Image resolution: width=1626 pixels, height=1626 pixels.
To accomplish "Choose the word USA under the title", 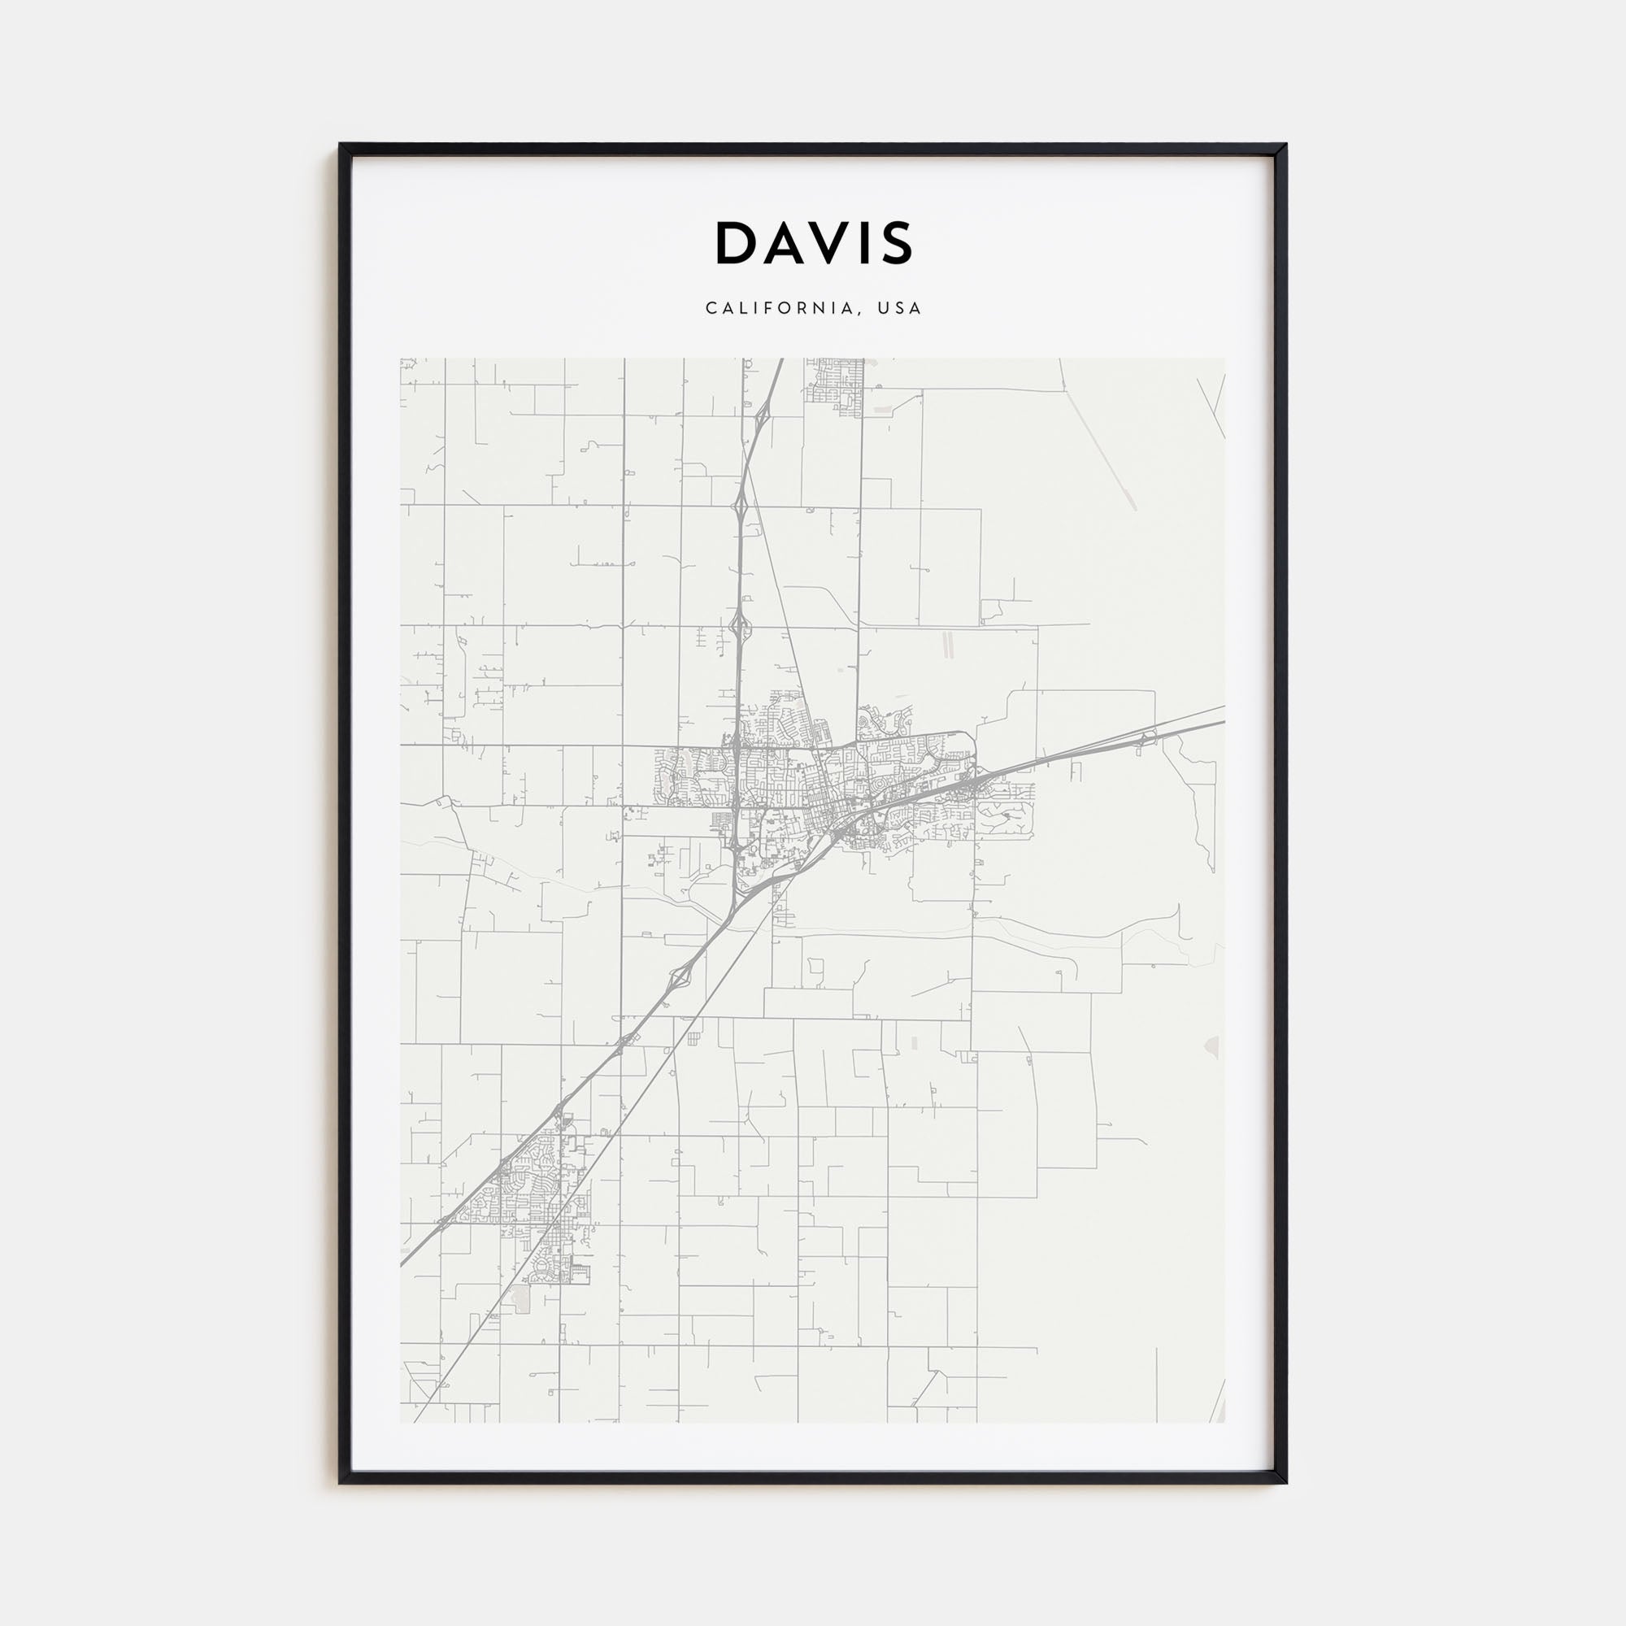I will [900, 308].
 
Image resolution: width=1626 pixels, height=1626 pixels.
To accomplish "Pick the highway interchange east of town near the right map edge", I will [1145, 741].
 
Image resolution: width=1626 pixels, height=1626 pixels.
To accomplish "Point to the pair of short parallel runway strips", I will [949, 646].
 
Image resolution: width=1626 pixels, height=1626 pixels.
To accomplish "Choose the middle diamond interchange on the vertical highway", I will [740, 506].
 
